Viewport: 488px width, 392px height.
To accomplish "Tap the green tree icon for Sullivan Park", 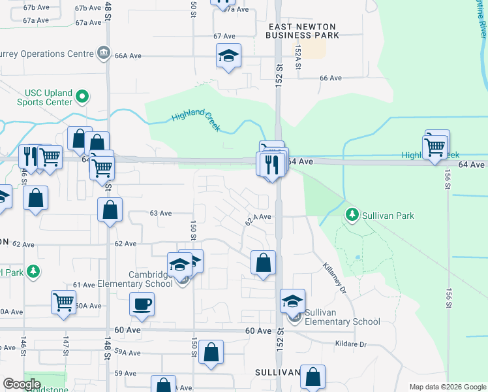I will [x=352, y=214].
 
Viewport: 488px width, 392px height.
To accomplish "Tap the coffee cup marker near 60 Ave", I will [x=142, y=304].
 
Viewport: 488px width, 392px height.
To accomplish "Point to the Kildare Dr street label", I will [x=353, y=344].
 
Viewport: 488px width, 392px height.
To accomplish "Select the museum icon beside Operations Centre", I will [x=103, y=52].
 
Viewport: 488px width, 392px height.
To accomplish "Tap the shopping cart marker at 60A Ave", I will [x=63, y=302].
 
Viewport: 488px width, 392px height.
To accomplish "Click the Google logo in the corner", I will [x=22, y=384].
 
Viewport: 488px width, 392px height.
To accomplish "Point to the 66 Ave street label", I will [x=331, y=78].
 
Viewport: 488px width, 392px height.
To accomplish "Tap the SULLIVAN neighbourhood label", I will [x=277, y=372].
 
